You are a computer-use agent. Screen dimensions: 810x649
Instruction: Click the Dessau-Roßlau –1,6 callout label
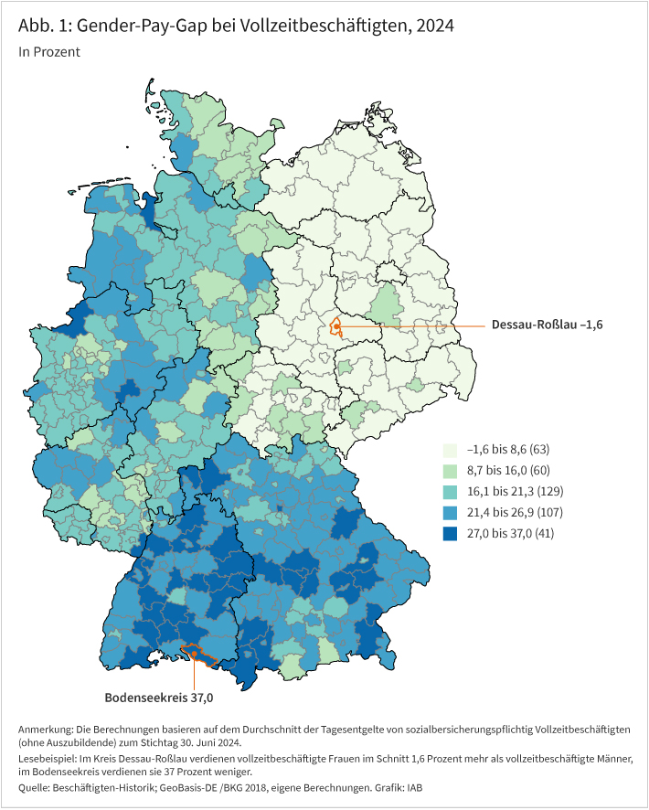click(548, 325)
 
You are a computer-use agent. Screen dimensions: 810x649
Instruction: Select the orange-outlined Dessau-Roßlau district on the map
click(336, 326)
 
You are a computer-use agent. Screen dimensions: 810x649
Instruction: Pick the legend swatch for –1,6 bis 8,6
click(451, 451)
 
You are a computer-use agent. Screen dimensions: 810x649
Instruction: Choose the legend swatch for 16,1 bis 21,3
click(451, 492)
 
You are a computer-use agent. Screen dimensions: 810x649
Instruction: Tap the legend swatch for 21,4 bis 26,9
click(451, 512)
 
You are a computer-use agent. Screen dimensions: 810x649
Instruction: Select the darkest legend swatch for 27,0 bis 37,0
click(451, 533)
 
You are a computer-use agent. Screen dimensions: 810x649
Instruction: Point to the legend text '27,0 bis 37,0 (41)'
click(510, 533)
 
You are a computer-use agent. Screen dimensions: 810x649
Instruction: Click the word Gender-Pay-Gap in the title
click(142, 27)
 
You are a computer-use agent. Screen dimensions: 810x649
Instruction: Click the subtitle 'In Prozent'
click(48, 52)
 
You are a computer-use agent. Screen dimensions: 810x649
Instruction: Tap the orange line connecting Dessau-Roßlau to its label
click(411, 325)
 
